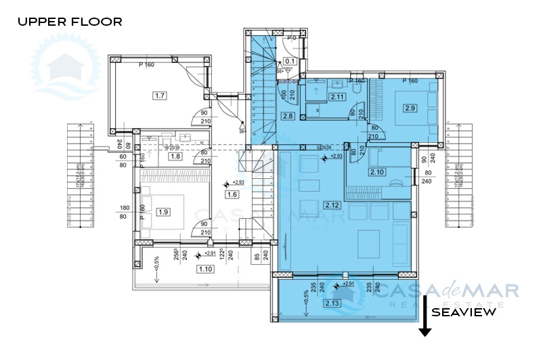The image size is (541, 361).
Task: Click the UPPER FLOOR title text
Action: [x=70, y=22]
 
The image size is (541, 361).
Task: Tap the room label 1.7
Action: [x=160, y=95]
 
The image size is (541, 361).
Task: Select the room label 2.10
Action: [x=376, y=173]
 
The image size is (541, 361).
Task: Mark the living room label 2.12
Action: [x=332, y=205]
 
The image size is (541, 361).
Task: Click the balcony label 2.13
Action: [x=332, y=303]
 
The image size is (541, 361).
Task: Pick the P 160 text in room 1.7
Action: [x=148, y=66]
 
